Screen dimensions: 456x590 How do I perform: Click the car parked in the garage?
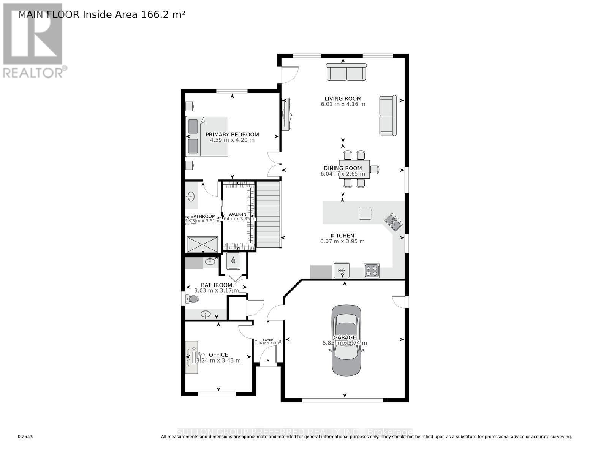pos(346,340)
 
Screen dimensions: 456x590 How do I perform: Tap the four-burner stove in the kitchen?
pos(371,271)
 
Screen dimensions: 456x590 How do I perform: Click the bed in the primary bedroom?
pos(207,136)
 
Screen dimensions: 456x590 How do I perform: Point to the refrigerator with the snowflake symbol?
pos(341,271)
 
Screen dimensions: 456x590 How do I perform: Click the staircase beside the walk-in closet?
pos(269,215)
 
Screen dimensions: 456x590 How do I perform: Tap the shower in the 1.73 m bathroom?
pos(202,244)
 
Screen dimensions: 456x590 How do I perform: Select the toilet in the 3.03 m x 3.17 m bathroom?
pos(192,299)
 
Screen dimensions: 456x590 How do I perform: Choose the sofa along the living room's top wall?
pos(346,72)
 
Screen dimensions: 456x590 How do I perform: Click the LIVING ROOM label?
pos(343,98)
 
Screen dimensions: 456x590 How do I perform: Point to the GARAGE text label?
pos(345,337)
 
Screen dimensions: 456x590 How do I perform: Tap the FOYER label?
pos(268,340)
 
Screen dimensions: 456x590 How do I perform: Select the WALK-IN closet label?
pos(237,214)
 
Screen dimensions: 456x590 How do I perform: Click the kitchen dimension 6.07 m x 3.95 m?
pos(342,241)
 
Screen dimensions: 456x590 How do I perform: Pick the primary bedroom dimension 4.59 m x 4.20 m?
pos(232,140)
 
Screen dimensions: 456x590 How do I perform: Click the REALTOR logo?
pos(33,40)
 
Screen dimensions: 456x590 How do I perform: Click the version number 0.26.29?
pos(26,437)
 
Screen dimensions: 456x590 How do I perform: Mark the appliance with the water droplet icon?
pos(233,261)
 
